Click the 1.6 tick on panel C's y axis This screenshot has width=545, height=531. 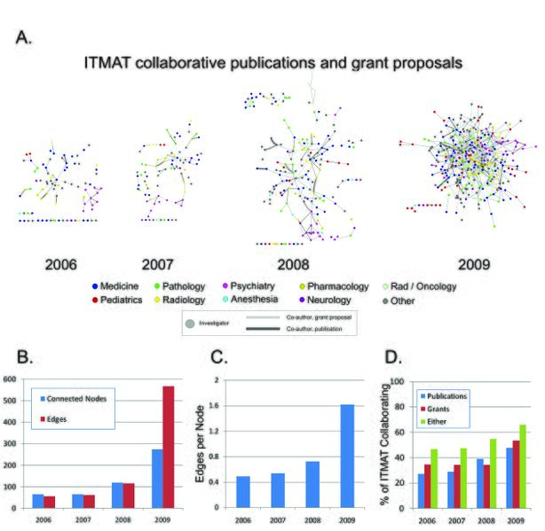(213, 405)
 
